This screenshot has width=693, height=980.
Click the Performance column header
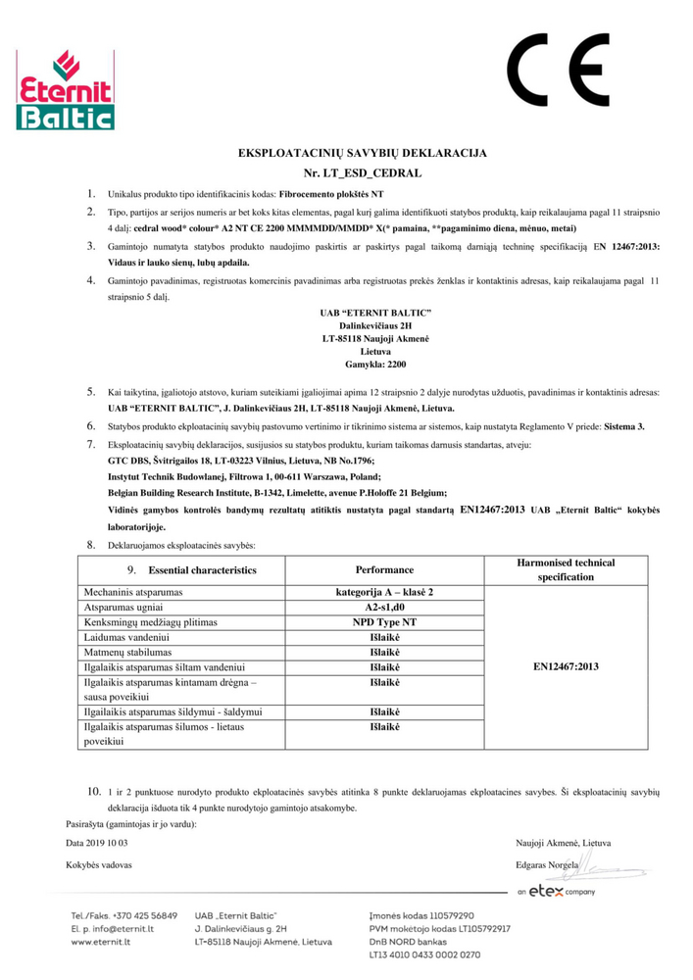click(x=383, y=569)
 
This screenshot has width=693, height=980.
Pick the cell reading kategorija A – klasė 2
click(x=383, y=593)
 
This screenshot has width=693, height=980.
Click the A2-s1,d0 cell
click(x=383, y=608)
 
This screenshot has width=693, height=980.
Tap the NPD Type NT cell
click(x=383, y=622)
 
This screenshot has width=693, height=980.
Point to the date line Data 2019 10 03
click(x=96, y=843)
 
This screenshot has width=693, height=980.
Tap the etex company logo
click(x=555, y=892)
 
